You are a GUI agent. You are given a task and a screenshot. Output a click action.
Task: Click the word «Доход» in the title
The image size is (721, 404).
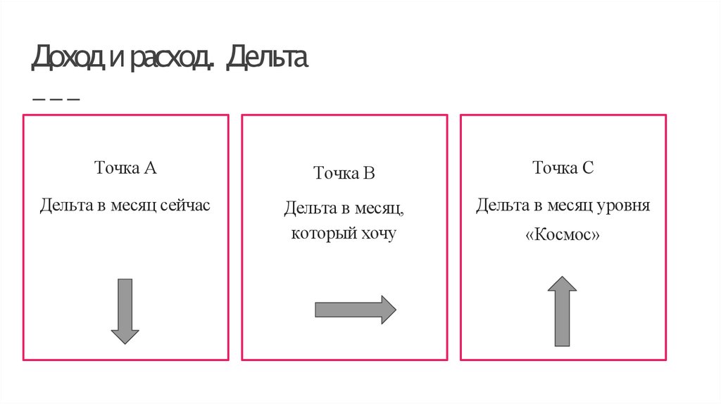pos(68,59)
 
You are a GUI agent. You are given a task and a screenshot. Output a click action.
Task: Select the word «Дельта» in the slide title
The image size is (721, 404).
pos(268,59)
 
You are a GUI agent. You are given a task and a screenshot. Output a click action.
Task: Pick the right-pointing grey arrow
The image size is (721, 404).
pos(355,310)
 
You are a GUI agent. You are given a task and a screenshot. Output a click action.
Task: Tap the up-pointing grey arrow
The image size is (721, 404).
pos(562,311)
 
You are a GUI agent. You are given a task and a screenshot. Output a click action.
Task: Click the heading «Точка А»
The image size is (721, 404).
pos(125,168)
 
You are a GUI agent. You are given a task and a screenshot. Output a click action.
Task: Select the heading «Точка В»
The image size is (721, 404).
pos(344,173)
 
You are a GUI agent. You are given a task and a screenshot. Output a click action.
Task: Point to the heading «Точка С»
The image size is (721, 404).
pos(563,168)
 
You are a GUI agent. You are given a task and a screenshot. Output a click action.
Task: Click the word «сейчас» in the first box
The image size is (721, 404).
pos(185,206)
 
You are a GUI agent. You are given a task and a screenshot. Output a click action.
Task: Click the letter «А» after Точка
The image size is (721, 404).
pos(150,168)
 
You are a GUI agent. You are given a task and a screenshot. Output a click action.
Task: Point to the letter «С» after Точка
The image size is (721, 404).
pos(588,168)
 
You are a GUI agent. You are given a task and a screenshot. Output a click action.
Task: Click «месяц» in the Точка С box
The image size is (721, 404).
pos(570,206)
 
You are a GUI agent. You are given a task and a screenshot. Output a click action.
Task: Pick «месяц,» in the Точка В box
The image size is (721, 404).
pos(379,209)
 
